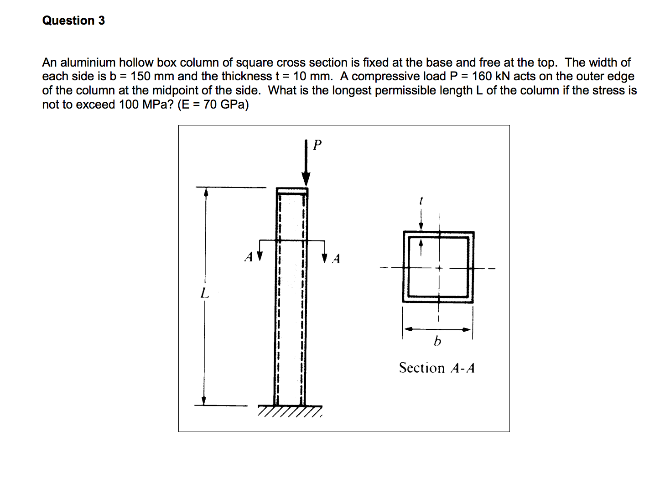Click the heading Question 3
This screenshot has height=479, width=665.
pos(73,21)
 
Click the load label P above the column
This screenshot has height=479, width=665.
pos(317,145)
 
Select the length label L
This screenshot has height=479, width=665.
pos(205,293)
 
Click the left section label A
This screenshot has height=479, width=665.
pos(249,257)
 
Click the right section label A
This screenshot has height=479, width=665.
pos(336,259)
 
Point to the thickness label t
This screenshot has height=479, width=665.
pos(421,201)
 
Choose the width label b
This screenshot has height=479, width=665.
pos(437,341)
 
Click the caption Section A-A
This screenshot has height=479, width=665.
pos(436,368)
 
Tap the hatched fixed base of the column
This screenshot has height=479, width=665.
pos(290,411)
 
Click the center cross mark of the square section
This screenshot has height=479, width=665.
pos(439,268)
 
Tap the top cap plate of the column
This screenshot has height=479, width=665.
pos(292,190)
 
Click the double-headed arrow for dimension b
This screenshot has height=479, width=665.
pos(437,329)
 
